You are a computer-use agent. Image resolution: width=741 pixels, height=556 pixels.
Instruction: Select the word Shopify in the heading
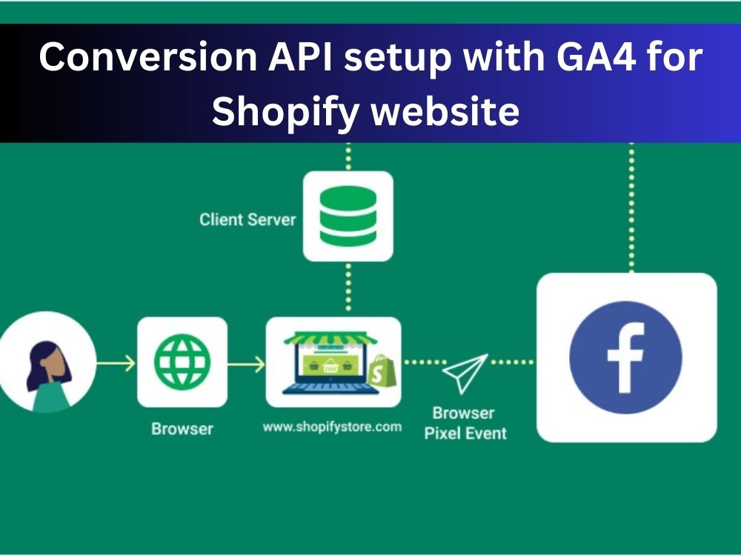[x=281, y=112]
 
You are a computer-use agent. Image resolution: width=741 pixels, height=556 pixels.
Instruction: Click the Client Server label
[x=247, y=219]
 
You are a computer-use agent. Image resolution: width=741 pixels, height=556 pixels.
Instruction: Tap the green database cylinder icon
[x=348, y=216]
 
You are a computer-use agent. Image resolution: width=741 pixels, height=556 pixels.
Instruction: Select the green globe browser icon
[x=182, y=362]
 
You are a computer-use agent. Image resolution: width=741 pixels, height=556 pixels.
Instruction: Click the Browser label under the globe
[x=182, y=428]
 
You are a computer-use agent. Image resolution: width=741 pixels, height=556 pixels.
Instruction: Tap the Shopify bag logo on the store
[x=382, y=371]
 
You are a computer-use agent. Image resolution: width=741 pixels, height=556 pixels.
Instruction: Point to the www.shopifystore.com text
[x=332, y=427]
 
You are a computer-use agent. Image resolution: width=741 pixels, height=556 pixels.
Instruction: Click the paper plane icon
[x=465, y=373]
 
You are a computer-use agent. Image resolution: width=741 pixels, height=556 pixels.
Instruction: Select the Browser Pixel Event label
[x=464, y=423]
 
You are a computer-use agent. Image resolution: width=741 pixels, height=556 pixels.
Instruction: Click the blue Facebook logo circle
[x=626, y=357]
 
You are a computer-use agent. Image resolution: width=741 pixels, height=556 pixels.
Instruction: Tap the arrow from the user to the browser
[x=116, y=363]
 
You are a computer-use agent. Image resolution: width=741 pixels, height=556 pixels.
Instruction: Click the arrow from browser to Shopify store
[x=246, y=363]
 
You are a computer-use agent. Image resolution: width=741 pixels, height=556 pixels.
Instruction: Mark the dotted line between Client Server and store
[x=348, y=288]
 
